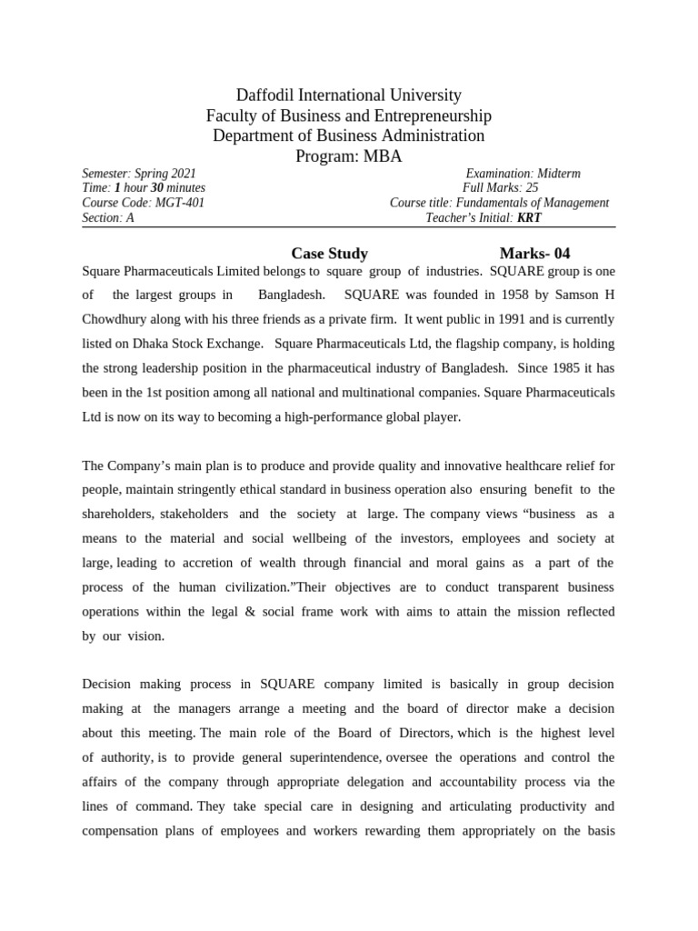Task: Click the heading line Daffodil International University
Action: tap(349, 95)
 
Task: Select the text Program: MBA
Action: tap(349, 155)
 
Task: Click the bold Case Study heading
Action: tap(329, 254)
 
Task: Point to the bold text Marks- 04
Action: tap(534, 254)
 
